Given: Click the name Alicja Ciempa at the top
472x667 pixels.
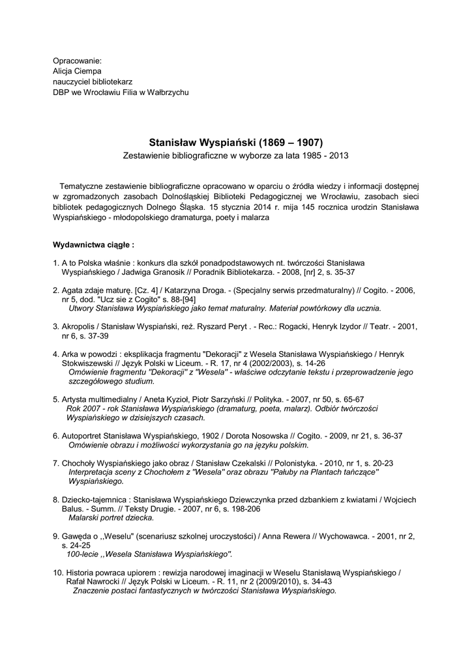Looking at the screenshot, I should (77, 71).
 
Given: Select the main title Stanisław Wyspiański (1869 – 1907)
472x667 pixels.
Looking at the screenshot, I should (236, 141).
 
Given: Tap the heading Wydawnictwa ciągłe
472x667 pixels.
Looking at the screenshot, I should (93, 246).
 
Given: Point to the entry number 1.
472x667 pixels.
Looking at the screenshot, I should (55, 262).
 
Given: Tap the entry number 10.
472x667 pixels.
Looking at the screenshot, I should (57, 572).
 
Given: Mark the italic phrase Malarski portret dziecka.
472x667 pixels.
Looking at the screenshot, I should (111, 517).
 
